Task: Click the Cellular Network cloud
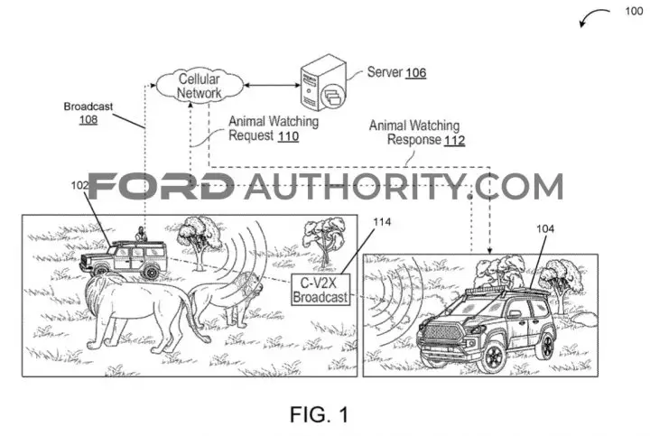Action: (x=200, y=86)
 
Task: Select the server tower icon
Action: (x=323, y=83)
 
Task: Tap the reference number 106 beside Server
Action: (x=416, y=73)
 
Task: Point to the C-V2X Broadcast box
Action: (x=320, y=290)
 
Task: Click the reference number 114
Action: (x=382, y=222)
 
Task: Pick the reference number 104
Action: (x=545, y=228)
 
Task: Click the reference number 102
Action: (x=79, y=185)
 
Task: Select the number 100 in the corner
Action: (x=634, y=11)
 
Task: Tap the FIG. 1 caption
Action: (x=320, y=414)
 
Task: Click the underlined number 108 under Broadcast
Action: (x=88, y=120)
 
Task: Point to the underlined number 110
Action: (x=288, y=136)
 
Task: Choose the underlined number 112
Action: (x=454, y=140)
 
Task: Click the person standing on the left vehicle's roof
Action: (x=142, y=235)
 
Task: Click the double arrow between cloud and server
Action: (x=272, y=86)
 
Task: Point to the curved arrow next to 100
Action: (x=594, y=16)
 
